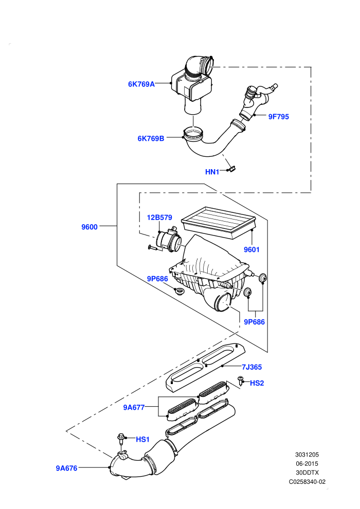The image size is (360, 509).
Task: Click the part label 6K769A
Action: pyautogui.click(x=141, y=84)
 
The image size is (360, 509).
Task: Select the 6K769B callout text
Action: pyautogui.click(x=151, y=138)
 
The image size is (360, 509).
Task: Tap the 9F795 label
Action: pyautogui.click(x=279, y=117)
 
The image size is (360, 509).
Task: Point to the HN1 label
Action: pyautogui.click(x=212, y=172)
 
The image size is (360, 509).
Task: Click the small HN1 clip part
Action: pyautogui.click(x=232, y=169)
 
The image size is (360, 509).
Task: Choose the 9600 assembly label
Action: pyautogui.click(x=89, y=227)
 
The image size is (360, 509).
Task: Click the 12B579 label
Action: pyautogui.click(x=159, y=217)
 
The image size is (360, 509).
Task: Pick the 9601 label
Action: pyautogui.click(x=251, y=249)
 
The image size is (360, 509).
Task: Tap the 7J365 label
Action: pyautogui.click(x=251, y=367)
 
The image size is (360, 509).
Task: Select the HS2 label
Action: pyautogui.click(x=257, y=383)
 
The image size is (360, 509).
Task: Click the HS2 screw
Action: pyautogui.click(x=241, y=380)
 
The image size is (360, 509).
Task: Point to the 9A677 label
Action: pyautogui.click(x=134, y=407)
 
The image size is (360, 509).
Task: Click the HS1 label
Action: pyautogui.click(x=142, y=439)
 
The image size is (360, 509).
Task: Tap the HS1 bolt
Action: pyautogui.click(x=121, y=440)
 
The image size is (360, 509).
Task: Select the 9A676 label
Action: pyautogui.click(x=66, y=468)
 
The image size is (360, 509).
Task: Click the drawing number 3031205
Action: pyautogui.click(x=307, y=455)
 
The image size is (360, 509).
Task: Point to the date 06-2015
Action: pyautogui.click(x=307, y=464)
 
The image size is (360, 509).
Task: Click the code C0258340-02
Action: pyautogui.click(x=307, y=482)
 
